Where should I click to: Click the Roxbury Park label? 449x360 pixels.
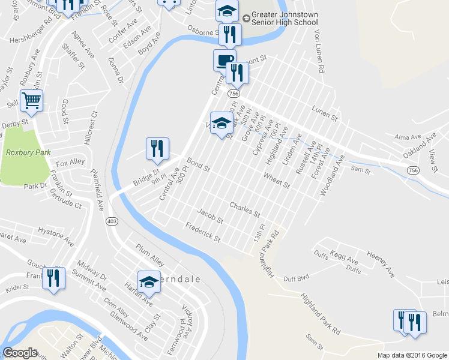[28, 152]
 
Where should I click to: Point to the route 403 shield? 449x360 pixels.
[111, 221]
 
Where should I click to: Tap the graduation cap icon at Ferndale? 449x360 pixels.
[149, 281]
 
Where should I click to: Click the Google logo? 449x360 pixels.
[20, 353]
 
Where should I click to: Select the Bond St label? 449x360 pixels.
[197, 164]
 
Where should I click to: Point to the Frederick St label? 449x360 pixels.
[203, 232]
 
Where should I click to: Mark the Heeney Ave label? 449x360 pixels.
[381, 264]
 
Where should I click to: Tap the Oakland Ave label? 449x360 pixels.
[418, 146]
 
